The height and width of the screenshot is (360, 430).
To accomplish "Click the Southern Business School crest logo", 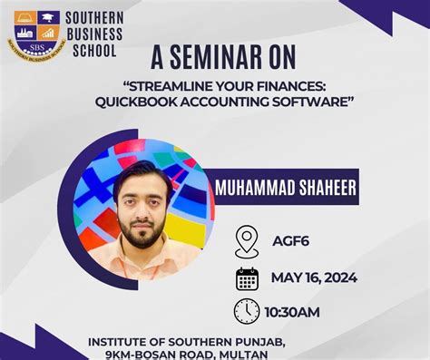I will point(36,33).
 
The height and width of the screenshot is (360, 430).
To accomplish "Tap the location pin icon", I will point(247,241).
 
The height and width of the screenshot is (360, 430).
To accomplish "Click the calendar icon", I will point(247,277).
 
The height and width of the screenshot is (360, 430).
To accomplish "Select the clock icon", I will point(247,311).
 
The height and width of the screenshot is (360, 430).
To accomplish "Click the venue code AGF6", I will point(291,241).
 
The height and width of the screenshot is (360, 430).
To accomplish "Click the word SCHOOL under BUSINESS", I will point(95,50).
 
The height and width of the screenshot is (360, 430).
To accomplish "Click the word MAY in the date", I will point(288,277).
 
